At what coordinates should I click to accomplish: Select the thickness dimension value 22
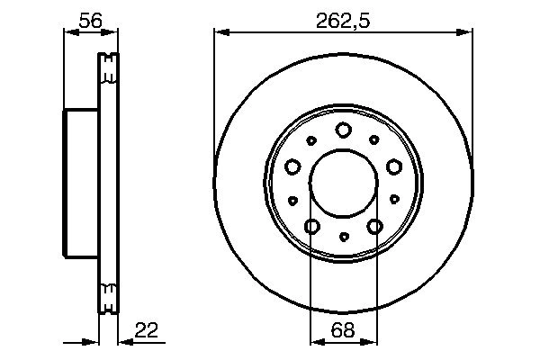tap(147, 331)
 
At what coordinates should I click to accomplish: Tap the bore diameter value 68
tap(343, 331)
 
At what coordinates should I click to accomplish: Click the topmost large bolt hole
tap(343, 130)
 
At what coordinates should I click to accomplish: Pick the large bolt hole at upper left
tap(292, 166)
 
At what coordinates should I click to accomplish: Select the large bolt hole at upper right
tap(393, 166)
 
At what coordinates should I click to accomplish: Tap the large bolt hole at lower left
tap(311, 226)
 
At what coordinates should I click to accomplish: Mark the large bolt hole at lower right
tap(374, 226)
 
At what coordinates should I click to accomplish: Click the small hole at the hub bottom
tap(343, 238)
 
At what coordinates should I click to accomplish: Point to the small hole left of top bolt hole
tap(311, 140)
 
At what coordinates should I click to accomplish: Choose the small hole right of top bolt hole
tap(374, 140)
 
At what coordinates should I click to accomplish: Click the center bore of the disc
tap(343, 184)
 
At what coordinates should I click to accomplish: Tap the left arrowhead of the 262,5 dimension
tap(219, 33)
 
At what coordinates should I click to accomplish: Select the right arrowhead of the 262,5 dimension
tap(467, 33)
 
